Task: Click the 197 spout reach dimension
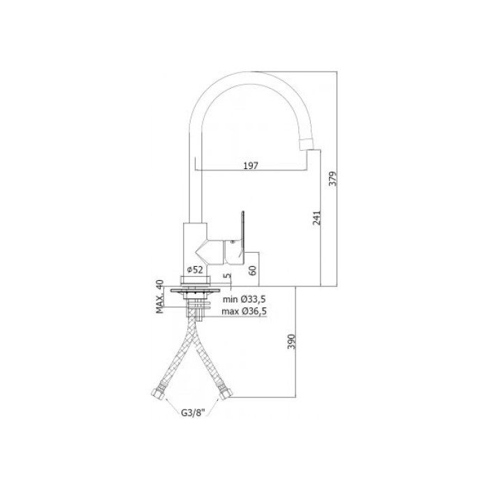coord(251,166)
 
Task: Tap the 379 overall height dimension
coord(333,179)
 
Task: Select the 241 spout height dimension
coord(316,218)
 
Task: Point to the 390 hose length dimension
coord(291,342)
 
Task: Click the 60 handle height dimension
coord(253,270)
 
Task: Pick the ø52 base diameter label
coord(195,270)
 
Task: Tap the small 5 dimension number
coord(228,276)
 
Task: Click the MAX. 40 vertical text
coord(160,296)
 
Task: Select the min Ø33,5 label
coord(245,300)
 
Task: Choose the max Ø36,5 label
coord(245,312)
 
